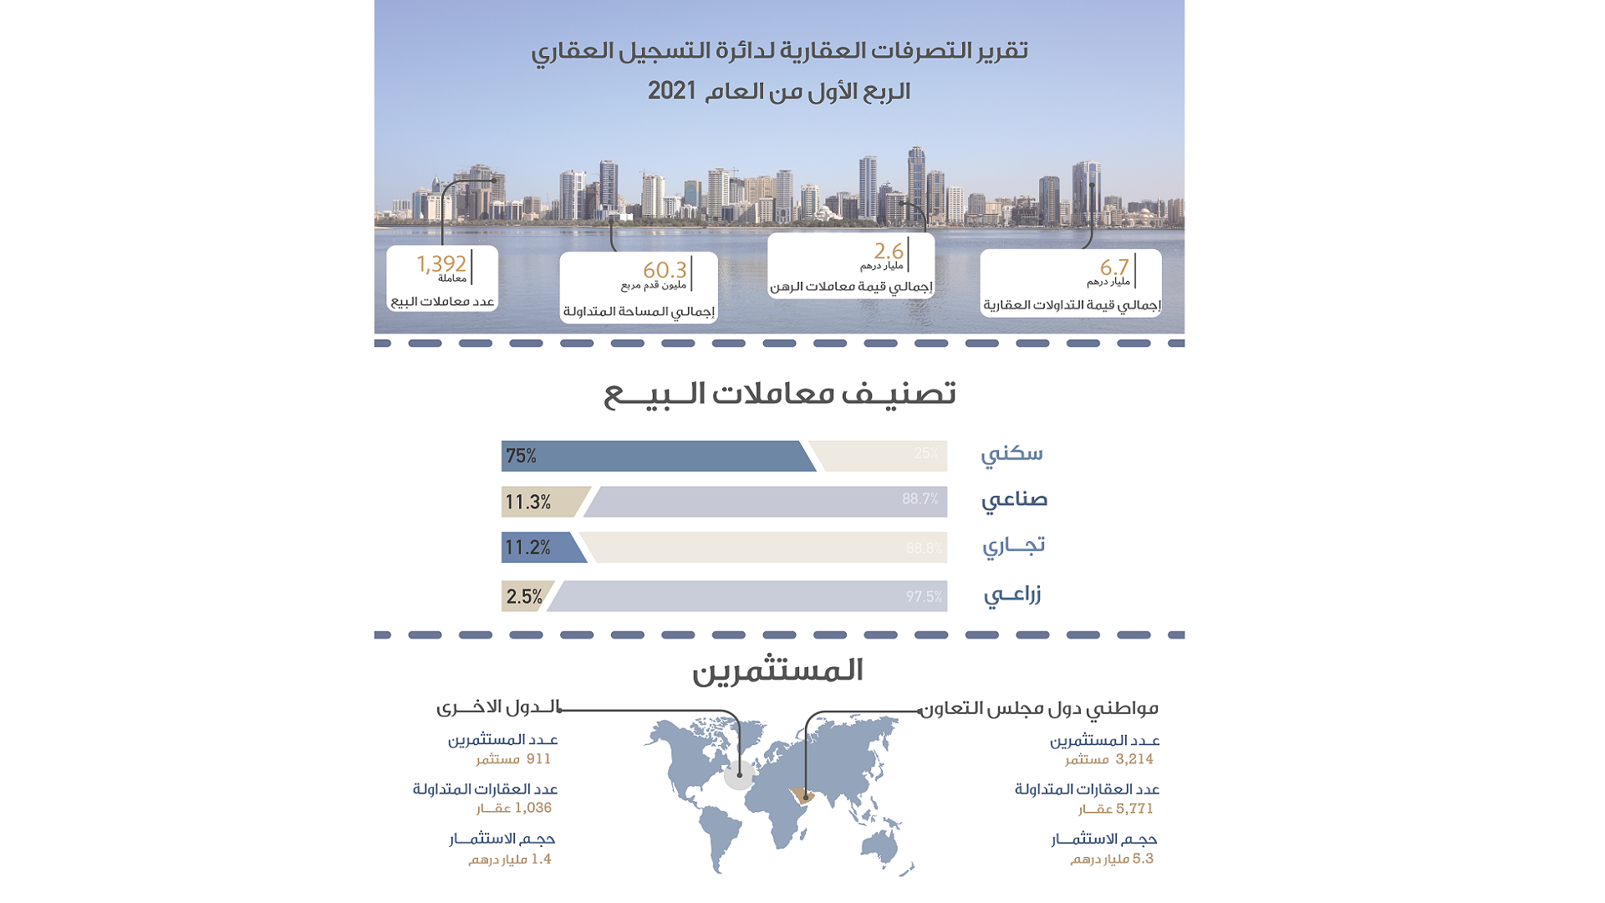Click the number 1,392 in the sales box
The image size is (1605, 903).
pyautogui.click(x=441, y=264)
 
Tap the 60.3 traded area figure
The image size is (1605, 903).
pyautogui.click(x=665, y=270)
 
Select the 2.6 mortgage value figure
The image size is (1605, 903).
pyautogui.click(x=889, y=251)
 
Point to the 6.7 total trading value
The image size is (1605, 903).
pyautogui.click(x=1114, y=268)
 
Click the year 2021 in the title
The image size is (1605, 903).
pyautogui.click(x=672, y=90)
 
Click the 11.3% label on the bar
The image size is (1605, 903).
pyautogui.click(x=527, y=503)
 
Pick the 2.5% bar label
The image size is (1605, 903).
pyautogui.click(x=524, y=597)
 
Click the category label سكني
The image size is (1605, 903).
pyautogui.click(x=1011, y=454)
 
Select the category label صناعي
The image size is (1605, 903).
pyautogui.click(x=1014, y=500)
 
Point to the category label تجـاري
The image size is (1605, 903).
pyautogui.click(x=1013, y=546)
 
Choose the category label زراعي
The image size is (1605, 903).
pyautogui.click(x=1012, y=595)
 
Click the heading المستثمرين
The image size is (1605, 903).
pyautogui.click(x=777, y=671)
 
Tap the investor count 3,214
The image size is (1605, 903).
pyautogui.click(x=1134, y=759)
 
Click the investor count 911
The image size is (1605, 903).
pyautogui.click(x=538, y=759)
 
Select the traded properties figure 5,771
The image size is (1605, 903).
pyautogui.click(x=1134, y=809)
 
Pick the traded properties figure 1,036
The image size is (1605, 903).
pyautogui.click(x=533, y=808)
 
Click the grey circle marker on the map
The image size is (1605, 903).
pyautogui.click(x=739, y=775)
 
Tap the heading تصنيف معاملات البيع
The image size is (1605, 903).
pyautogui.click(x=780, y=394)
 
